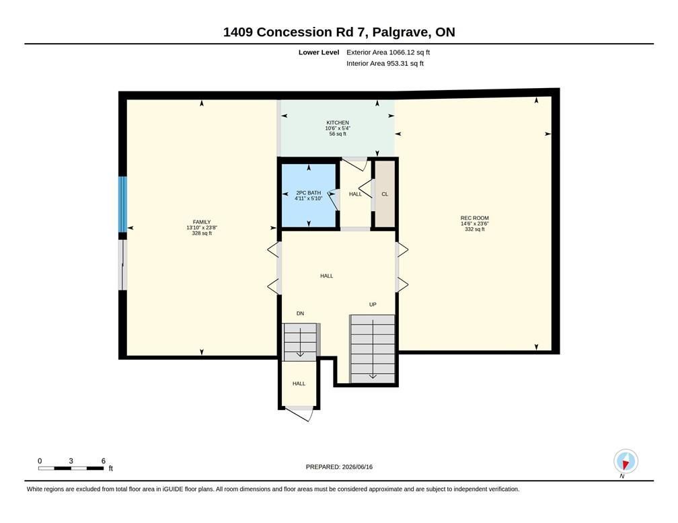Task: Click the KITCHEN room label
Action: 337,123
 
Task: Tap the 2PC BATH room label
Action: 308,193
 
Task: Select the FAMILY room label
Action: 202,222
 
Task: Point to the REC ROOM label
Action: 474,218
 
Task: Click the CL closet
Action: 385,194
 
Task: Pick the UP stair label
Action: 373,305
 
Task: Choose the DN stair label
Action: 300,313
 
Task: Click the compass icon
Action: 626,462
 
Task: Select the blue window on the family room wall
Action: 123,204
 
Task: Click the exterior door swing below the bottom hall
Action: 299,413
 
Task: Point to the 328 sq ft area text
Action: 202,233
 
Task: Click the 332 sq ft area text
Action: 474,229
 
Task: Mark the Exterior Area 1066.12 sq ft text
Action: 388,52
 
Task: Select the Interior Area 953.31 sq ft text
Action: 385,64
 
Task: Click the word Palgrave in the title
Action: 401,32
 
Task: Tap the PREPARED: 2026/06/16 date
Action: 339,467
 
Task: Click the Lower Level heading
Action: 319,52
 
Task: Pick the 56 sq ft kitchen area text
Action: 338,134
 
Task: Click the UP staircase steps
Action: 373,349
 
